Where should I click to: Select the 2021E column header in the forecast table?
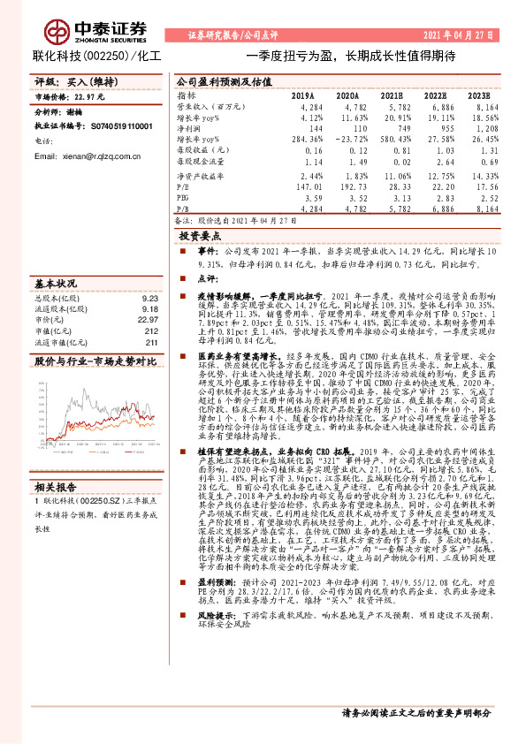pyautogui.click(x=392, y=94)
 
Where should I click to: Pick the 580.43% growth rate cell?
pyautogui.click(x=391, y=139)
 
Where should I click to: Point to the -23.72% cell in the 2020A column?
pyautogui.click(x=346, y=139)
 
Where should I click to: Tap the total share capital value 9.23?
pyautogui.click(x=149, y=298)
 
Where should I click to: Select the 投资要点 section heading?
pyautogui.click(x=200, y=237)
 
